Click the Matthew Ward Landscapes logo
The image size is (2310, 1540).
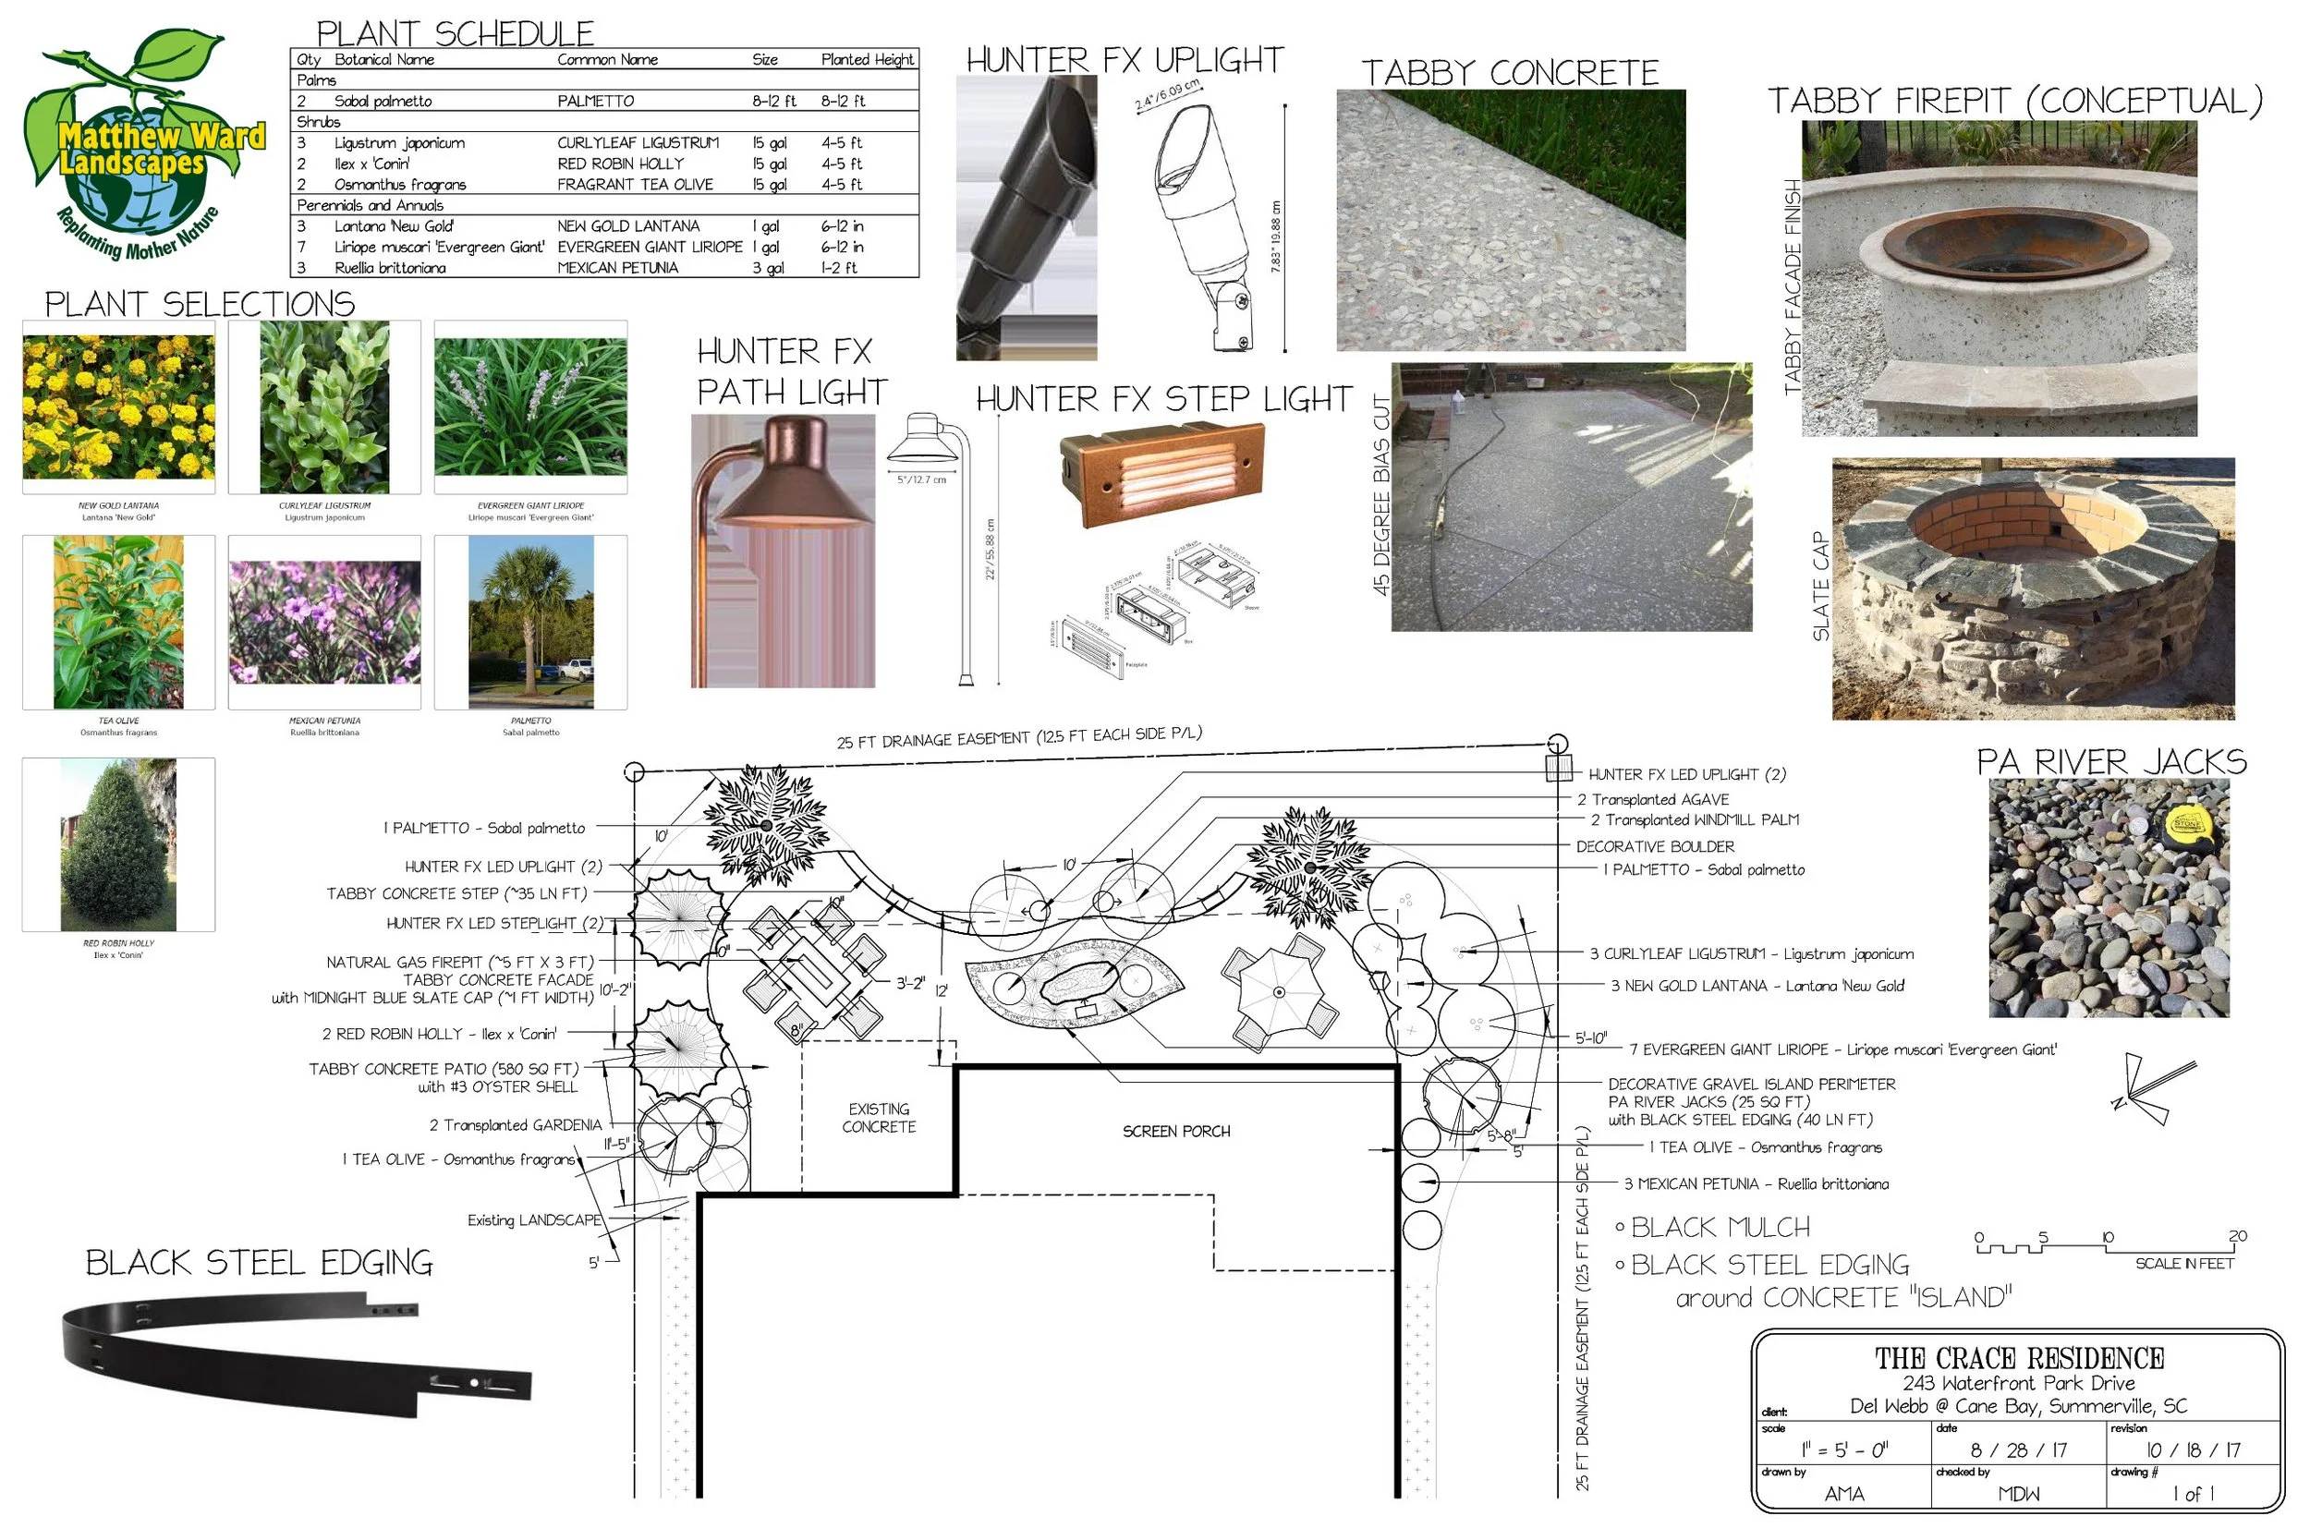(x=142, y=142)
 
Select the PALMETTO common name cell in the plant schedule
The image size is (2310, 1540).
(x=595, y=102)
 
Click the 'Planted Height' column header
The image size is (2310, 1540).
(x=867, y=60)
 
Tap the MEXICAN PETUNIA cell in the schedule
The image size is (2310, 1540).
(x=617, y=268)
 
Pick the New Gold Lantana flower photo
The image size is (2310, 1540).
(x=119, y=406)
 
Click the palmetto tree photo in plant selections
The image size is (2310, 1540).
(x=530, y=622)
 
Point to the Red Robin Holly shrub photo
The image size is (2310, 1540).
(x=119, y=845)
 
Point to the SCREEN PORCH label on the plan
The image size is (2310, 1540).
(x=1175, y=1133)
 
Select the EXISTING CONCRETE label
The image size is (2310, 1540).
(x=878, y=1119)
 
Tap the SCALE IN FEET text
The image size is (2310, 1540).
(x=2183, y=1265)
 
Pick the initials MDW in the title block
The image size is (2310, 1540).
(x=2018, y=1495)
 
